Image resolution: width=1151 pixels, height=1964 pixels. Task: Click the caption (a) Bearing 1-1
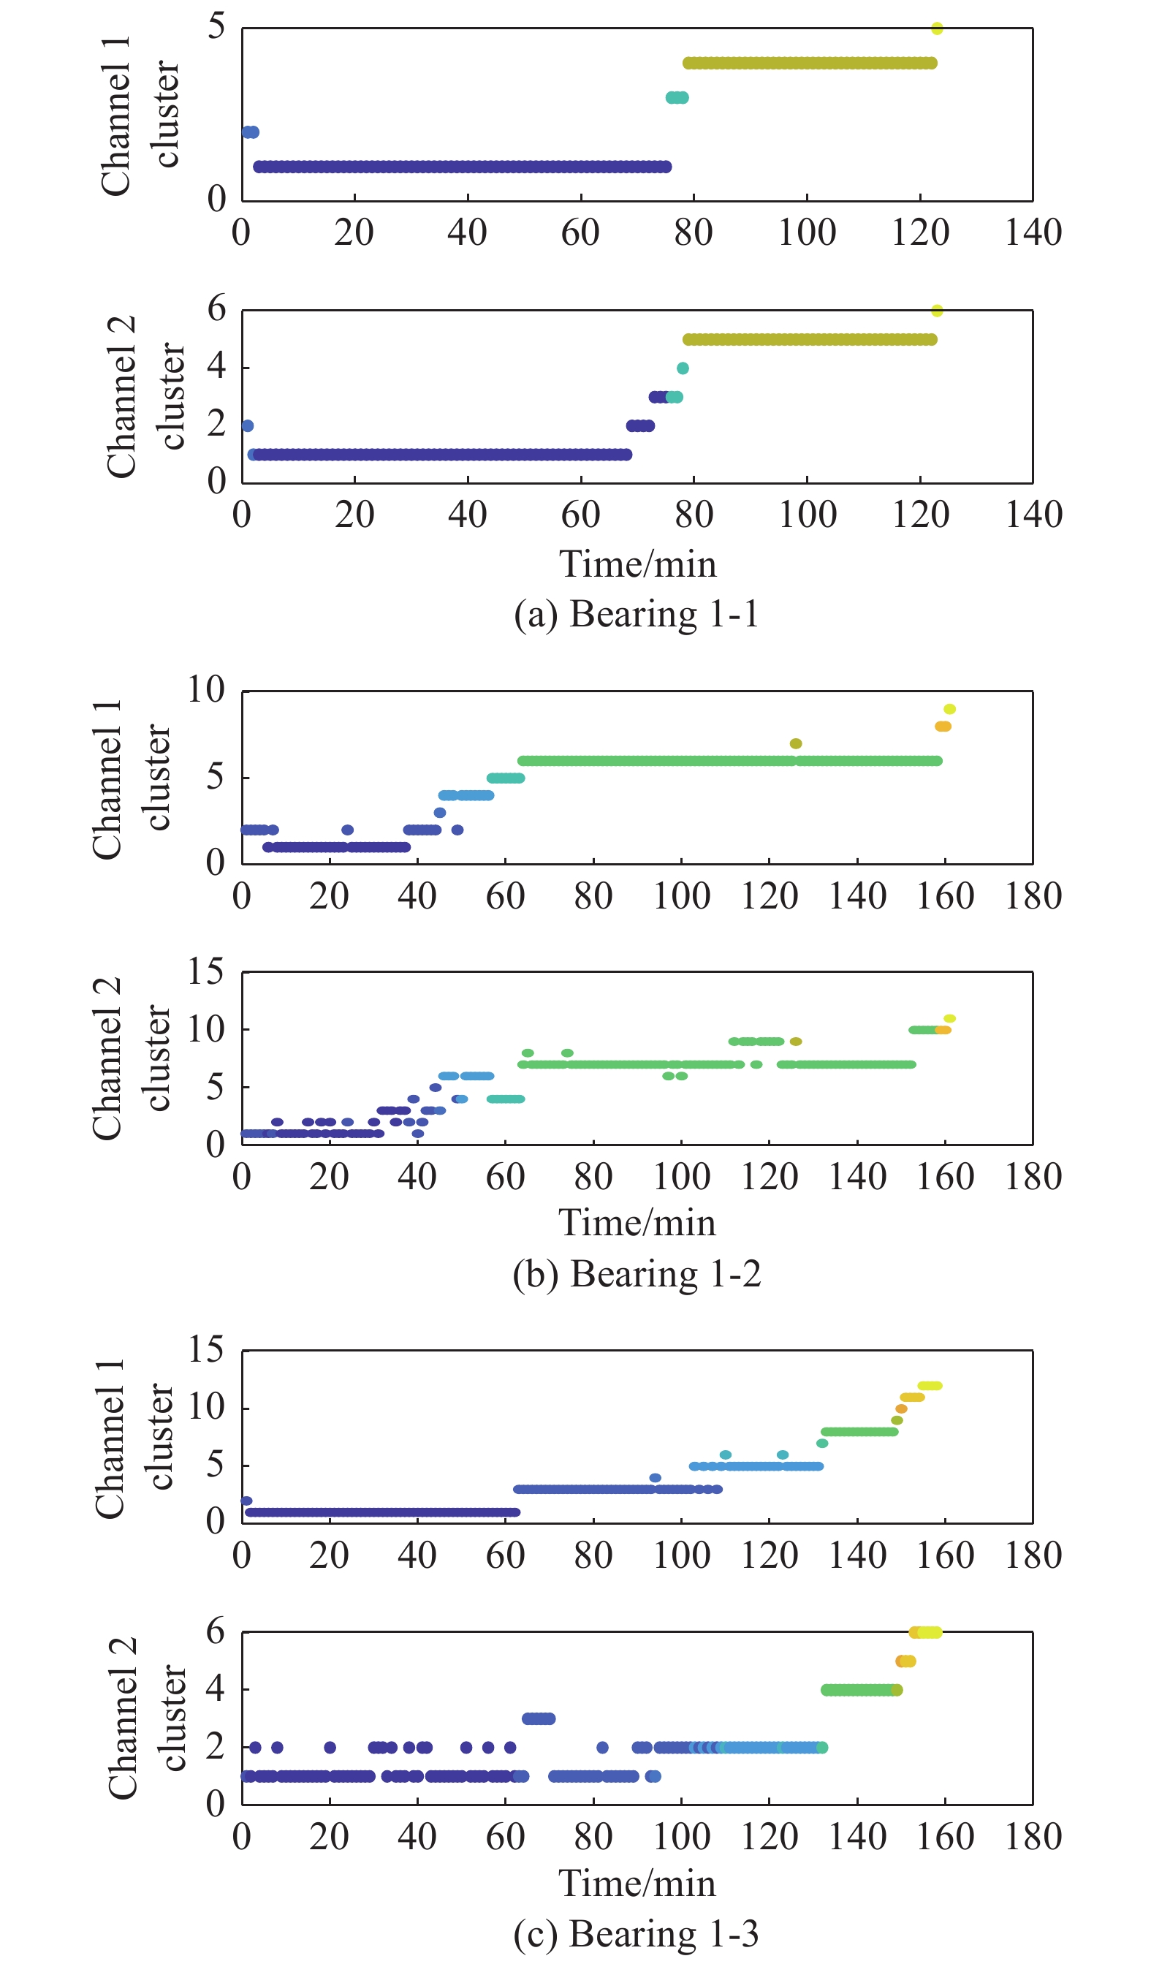coord(636,614)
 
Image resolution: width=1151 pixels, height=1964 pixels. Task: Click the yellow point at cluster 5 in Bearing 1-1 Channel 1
coord(937,29)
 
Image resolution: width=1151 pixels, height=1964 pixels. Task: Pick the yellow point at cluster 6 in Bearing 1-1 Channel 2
coord(937,311)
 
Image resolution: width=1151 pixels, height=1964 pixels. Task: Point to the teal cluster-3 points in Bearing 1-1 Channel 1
coord(677,97)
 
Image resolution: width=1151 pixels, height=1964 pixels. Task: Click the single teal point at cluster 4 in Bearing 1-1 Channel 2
coord(683,368)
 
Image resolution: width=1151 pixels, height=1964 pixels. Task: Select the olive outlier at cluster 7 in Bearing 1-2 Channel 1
coord(796,743)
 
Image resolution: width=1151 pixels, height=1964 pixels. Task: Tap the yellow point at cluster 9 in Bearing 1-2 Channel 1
coord(949,709)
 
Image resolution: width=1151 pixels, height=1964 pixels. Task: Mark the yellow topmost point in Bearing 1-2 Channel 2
coord(949,1019)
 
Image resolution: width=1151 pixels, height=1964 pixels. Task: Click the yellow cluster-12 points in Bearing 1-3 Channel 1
coord(930,1386)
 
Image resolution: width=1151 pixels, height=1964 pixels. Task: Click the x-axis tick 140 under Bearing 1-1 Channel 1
coord(1033,232)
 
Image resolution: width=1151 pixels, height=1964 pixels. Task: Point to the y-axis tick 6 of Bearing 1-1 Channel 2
coord(216,309)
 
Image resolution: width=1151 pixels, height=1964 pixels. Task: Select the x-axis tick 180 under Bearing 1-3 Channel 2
coord(1033,1837)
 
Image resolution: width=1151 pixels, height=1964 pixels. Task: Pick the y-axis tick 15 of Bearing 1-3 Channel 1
coord(206,1349)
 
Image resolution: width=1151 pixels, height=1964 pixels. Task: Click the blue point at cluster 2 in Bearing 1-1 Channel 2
coord(248,426)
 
